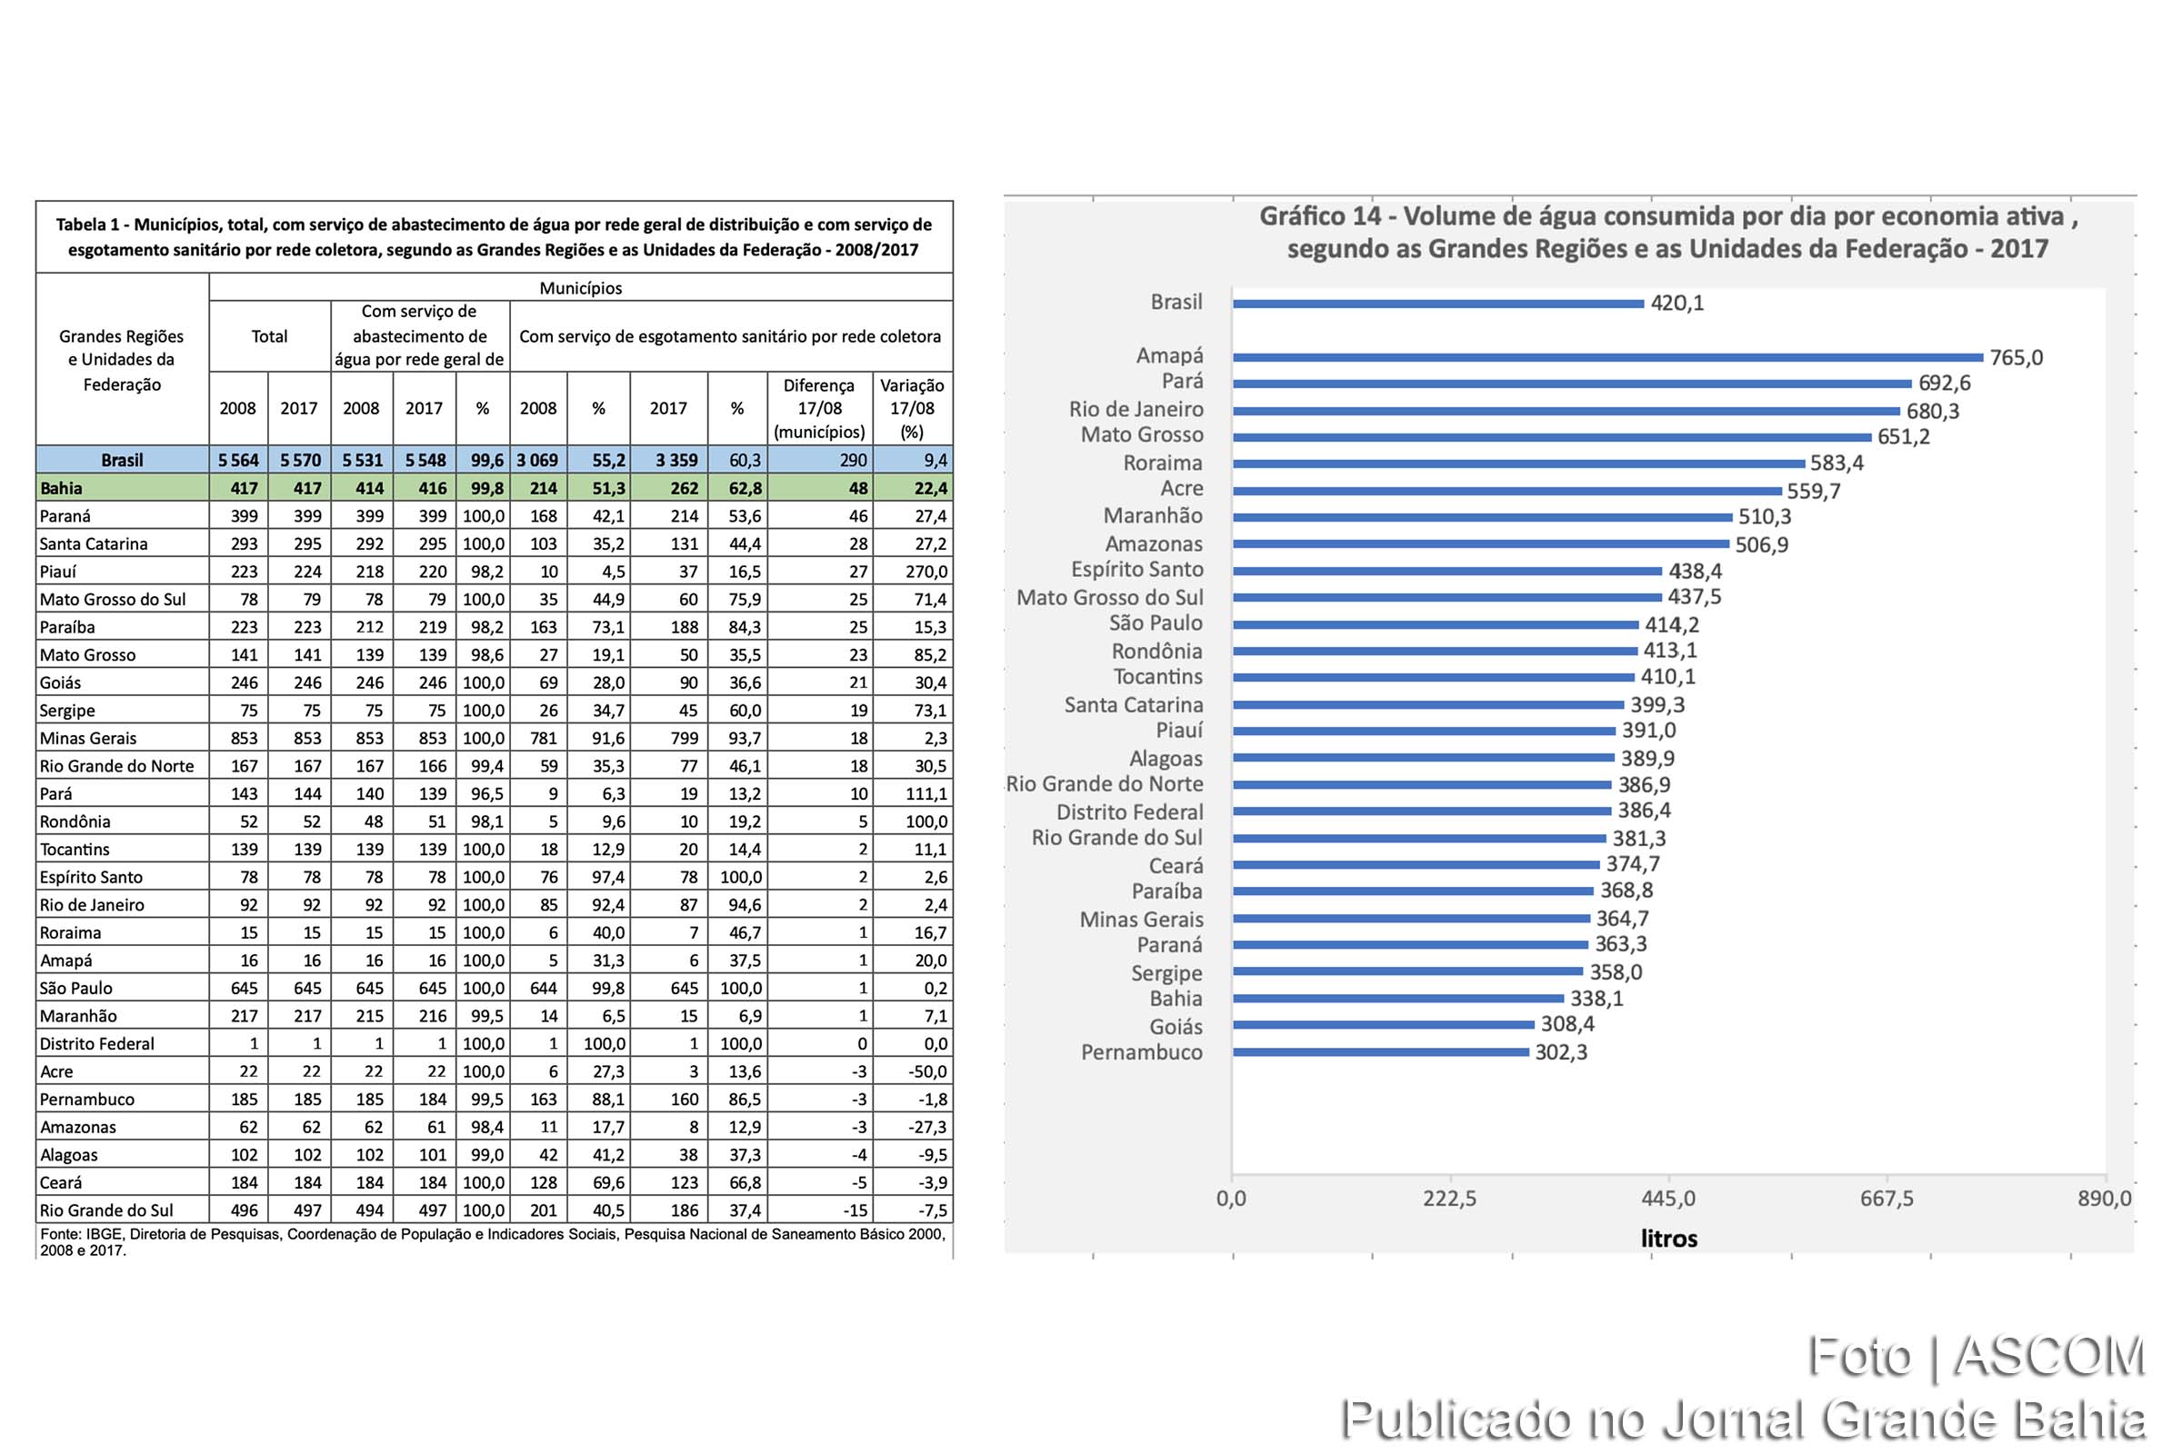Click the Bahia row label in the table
(61, 489)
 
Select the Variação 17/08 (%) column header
(912, 408)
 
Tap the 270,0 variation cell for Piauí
(926, 573)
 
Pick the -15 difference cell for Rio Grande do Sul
(855, 1210)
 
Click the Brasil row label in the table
(122, 461)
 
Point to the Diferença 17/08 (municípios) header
(819, 408)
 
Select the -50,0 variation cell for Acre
(927, 1072)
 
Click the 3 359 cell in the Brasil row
(676, 461)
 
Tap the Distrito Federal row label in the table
(96, 1044)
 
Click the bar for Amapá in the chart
(1606, 357)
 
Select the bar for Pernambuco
(1380, 1052)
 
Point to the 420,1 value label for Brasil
(1677, 304)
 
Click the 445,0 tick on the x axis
(1668, 1198)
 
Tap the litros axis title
(1668, 1239)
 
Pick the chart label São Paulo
(1155, 623)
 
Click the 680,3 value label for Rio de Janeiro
(1933, 411)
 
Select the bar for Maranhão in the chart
(1482, 516)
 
